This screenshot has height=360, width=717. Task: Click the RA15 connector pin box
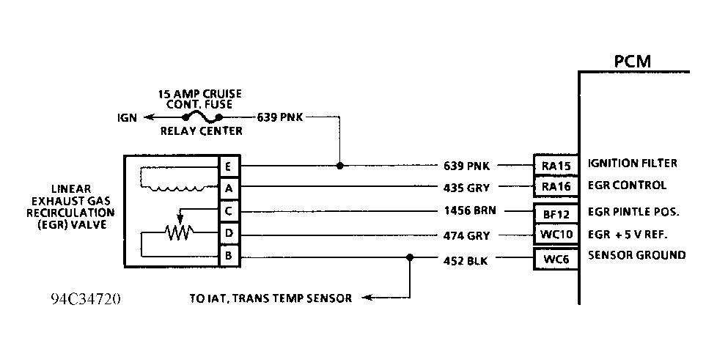(x=556, y=166)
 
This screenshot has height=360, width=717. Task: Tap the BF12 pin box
(x=556, y=214)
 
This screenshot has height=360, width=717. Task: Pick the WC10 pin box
(x=556, y=236)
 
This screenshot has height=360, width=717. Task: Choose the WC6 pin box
(x=556, y=258)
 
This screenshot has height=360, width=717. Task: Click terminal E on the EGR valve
(x=229, y=167)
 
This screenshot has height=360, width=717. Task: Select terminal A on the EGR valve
(x=229, y=188)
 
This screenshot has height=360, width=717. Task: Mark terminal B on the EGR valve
(x=229, y=257)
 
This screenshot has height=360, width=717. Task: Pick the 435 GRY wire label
(x=467, y=188)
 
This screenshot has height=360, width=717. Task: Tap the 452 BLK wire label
(x=467, y=259)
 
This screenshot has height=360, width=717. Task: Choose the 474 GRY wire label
(x=467, y=236)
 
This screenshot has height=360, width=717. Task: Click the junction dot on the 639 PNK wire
(x=339, y=166)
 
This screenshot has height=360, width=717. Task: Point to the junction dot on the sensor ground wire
(x=409, y=257)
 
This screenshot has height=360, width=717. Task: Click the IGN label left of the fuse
(x=127, y=117)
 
